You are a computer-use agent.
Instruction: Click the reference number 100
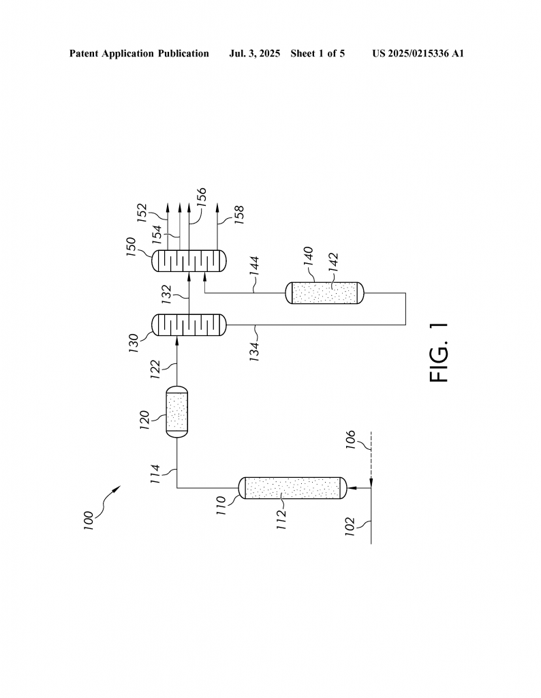click(89, 520)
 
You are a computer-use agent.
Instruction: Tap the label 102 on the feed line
click(350, 526)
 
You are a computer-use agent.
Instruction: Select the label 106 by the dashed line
click(351, 440)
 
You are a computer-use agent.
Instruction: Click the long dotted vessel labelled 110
click(293, 488)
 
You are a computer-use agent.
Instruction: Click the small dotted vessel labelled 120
click(177, 412)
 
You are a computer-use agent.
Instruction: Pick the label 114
click(155, 474)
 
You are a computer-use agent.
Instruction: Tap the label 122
click(155, 369)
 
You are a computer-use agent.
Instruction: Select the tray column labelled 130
click(189, 325)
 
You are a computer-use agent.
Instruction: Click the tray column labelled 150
click(189, 261)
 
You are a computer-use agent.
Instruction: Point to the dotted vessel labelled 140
click(324, 293)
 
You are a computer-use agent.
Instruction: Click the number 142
click(334, 262)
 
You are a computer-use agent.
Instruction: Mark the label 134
click(254, 351)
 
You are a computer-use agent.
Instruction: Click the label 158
click(239, 215)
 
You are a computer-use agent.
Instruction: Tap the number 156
click(202, 197)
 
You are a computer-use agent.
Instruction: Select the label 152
click(142, 213)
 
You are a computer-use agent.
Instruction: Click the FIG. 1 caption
click(439, 352)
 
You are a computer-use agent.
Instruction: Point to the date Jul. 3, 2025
click(254, 54)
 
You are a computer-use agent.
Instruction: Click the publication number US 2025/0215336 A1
click(418, 54)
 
